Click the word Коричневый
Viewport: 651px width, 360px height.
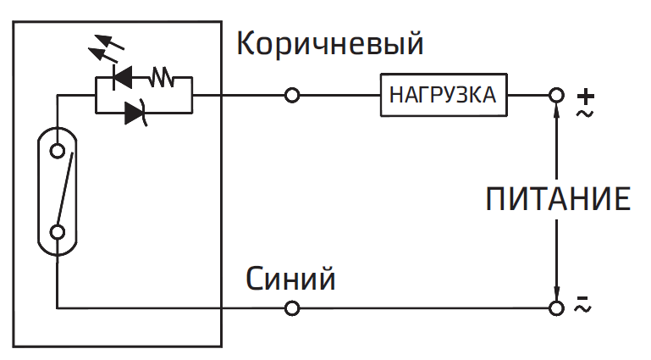[329, 44]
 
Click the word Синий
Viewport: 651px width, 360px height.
[290, 279]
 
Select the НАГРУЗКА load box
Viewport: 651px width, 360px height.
[444, 95]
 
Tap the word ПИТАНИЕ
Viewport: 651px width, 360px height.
[558, 200]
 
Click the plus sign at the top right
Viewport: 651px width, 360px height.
[586, 95]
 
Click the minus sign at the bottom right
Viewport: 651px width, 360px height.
[583, 299]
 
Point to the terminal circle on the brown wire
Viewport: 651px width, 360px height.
[293, 96]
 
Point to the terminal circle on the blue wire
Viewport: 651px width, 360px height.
[293, 308]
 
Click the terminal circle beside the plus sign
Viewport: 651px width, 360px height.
[556, 96]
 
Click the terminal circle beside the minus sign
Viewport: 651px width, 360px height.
[556, 308]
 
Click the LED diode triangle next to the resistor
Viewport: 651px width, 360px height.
[124, 80]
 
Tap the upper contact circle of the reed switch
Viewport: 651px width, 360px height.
[58, 151]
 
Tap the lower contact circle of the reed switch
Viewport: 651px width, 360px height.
[58, 232]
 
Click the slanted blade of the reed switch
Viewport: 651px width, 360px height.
[64, 191]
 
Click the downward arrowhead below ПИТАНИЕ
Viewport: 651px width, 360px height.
[556, 291]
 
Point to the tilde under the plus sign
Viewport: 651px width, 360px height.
[585, 111]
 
